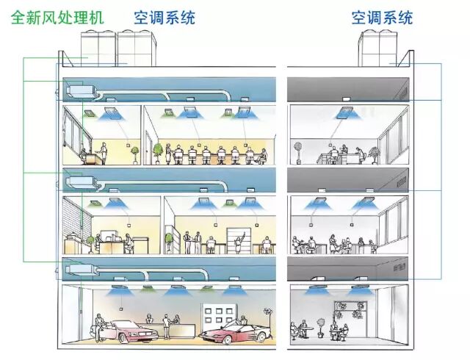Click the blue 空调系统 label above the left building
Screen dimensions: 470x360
[x=164, y=17]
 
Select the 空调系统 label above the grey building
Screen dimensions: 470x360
[x=382, y=17]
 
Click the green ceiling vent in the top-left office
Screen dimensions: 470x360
[x=88, y=112]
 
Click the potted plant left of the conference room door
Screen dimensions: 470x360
[x=158, y=152]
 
